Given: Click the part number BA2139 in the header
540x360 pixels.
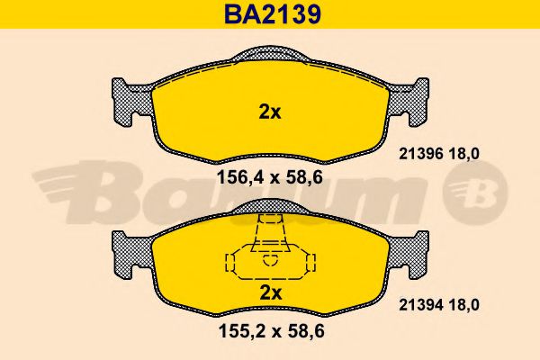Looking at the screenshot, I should coord(270,14).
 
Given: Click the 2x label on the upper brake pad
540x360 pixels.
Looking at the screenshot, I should coord(270,112).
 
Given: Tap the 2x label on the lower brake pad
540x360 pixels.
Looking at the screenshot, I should coord(270,293).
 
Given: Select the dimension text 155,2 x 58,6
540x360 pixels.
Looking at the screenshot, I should coord(270,331).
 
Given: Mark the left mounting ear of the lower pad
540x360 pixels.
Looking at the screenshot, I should coord(126,252).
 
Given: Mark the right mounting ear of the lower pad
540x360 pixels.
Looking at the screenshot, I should coord(414,252).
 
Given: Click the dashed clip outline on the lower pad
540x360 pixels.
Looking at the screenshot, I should coord(270,256).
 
